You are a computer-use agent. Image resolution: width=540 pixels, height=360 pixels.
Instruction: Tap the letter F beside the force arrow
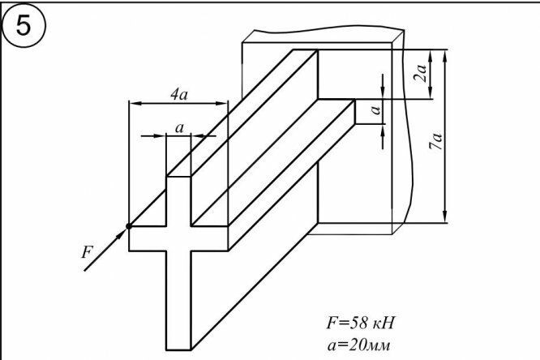coord(88,252)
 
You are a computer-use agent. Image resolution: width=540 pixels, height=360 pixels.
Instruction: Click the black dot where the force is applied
coord(129,226)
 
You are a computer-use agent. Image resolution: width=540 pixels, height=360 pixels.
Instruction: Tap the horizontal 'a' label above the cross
coord(178,126)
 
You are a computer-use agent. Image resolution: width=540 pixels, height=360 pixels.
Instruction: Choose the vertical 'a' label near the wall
coord(374,108)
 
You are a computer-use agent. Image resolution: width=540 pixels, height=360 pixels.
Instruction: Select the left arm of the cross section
coord(148,238)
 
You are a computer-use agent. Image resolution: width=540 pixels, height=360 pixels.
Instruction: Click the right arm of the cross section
coord(208,238)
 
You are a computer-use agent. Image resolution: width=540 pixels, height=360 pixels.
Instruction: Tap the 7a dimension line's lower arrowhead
coord(444,215)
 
